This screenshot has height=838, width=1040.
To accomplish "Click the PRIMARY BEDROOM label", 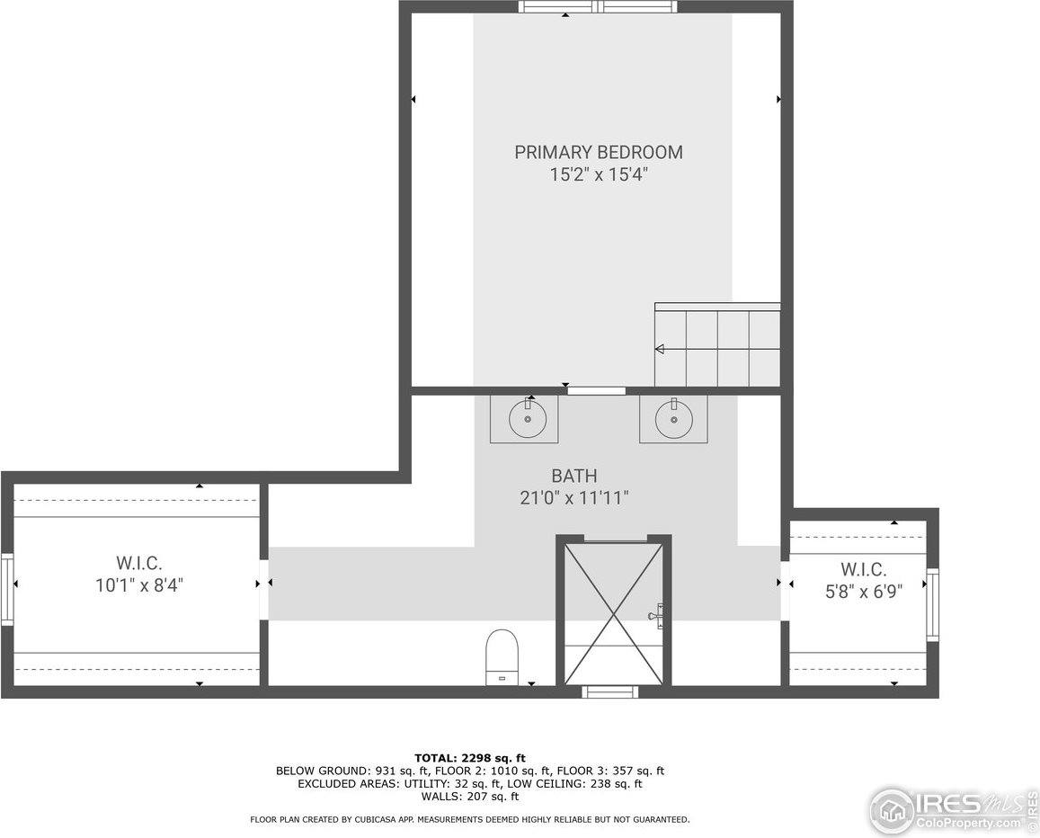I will tap(598, 152).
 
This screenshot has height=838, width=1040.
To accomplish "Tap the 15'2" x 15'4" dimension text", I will tap(599, 174).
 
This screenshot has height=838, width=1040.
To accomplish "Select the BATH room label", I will tap(573, 476).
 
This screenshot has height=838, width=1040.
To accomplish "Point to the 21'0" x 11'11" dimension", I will tap(573, 497).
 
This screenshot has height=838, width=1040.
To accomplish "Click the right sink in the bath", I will tap(673, 418).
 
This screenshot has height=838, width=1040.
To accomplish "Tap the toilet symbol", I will tap(502, 657).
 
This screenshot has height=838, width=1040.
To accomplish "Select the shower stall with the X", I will tap(613, 612).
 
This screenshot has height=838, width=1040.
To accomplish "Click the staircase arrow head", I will tap(660, 349).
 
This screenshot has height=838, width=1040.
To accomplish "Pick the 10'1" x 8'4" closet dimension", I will tap(138, 585).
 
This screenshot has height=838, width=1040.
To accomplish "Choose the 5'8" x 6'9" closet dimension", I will tap(863, 591).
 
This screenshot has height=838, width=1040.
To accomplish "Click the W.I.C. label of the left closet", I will tap(138, 564).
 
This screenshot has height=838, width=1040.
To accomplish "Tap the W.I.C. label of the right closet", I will tap(863, 569).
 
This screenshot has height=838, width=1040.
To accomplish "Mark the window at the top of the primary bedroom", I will tap(597, 7).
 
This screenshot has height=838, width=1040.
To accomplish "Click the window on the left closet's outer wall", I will tap(7, 590).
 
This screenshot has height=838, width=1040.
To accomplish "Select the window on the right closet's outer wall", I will tap(932, 605).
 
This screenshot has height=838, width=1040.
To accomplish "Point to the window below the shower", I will tap(609, 691).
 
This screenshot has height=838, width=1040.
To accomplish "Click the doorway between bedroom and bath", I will tap(596, 390).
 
